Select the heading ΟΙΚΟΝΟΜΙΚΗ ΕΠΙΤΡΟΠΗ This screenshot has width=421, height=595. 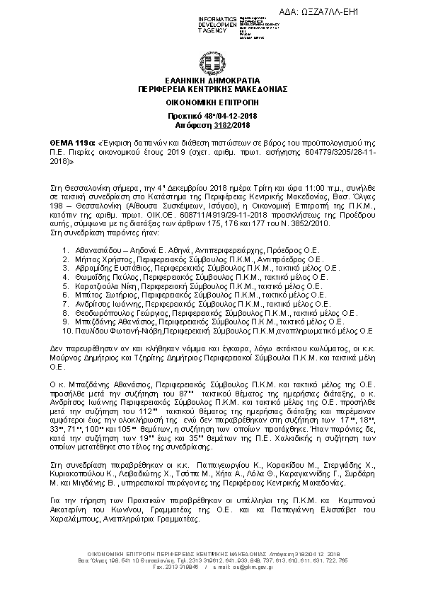tap(210, 102)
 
